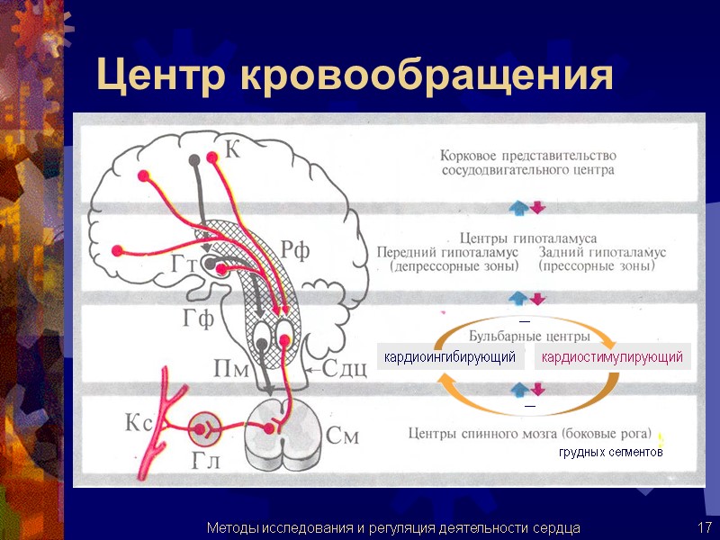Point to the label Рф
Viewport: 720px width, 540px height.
[294, 251]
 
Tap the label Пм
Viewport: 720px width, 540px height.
[231, 368]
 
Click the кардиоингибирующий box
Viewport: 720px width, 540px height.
[450, 358]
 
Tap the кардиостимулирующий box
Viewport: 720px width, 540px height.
[611, 358]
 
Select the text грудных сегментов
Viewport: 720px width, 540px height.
[610, 453]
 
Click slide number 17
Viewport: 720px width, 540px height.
[704, 526]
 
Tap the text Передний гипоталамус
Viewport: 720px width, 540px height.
[448, 252]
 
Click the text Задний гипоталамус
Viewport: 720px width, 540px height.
[596, 252]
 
